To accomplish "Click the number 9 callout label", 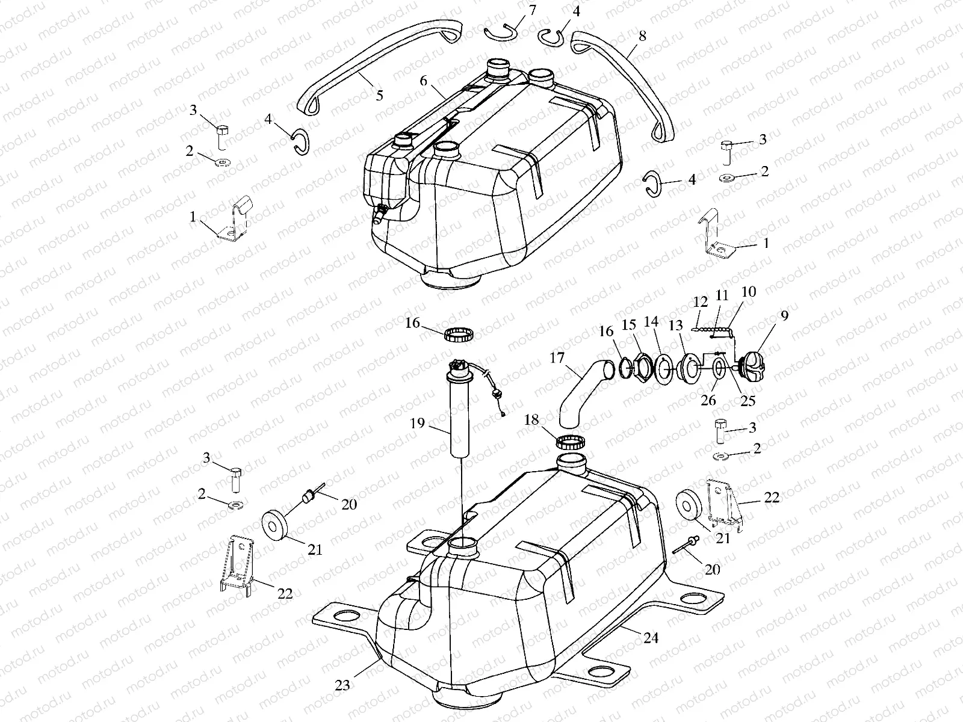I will click(x=784, y=315).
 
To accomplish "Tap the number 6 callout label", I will click(x=424, y=81).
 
